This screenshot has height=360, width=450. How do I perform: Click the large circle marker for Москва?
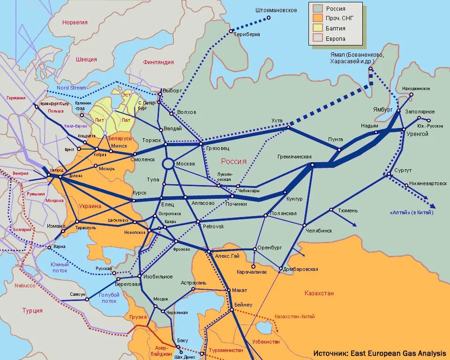(x=168, y=164)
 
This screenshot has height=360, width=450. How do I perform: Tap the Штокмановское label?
(x=276, y=10)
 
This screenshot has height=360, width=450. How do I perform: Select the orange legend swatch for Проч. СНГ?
(x=318, y=18)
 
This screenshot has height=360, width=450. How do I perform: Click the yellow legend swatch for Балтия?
(x=318, y=29)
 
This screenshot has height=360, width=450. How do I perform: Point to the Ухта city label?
(x=277, y=121)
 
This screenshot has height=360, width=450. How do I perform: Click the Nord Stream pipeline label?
(x=71, y=88)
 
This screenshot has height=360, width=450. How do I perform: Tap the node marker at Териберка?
(x=231, y=31)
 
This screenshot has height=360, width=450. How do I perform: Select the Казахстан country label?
(x=319, y=293)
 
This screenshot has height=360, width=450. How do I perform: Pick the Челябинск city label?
(x=319, y=231)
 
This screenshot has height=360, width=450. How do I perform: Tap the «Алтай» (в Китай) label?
(x=412, y=213)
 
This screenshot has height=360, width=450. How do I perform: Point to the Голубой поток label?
(x=109, y=298)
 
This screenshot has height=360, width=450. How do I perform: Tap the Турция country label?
(x=32, y=310)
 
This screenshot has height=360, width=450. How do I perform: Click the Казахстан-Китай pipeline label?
(x=294, y=317)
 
